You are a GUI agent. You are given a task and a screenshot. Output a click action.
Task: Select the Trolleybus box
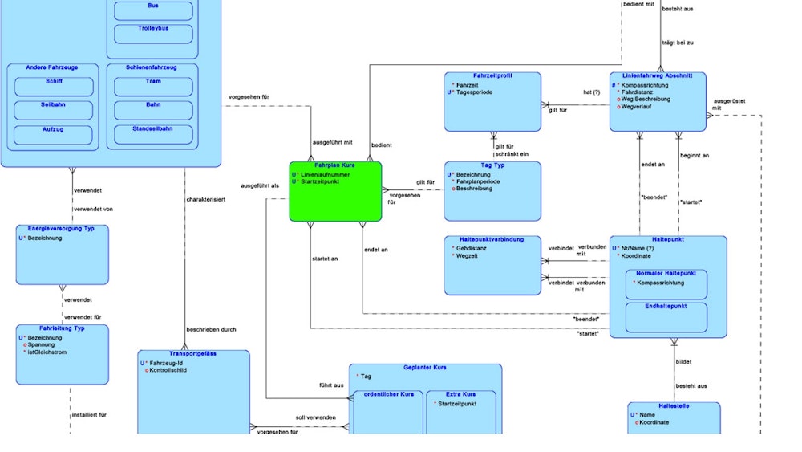coord(153,34)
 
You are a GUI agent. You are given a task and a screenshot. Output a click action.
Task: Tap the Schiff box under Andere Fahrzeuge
coord(54,86)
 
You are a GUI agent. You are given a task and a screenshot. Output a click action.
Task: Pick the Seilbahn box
coord(54,110)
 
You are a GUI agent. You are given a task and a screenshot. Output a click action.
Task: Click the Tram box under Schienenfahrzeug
coord(153,86)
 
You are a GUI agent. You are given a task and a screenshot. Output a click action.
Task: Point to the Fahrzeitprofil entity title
coord(492,75)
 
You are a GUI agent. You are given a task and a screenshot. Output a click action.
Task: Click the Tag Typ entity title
coord(492,165)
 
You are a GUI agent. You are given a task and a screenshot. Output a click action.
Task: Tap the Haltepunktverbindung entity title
coord(492,239)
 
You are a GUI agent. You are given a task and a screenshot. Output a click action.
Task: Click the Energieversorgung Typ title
coord(62,229)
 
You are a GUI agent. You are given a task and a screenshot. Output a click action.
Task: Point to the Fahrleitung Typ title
coord(62,328)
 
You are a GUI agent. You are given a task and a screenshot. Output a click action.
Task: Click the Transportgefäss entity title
coord(193,353)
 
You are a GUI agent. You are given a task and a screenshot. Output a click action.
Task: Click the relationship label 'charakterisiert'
coord(205,198)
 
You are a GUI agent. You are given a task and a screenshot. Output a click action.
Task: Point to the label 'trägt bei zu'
coord(678,41)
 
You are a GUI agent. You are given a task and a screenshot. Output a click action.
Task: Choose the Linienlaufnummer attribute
coord(325,173)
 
